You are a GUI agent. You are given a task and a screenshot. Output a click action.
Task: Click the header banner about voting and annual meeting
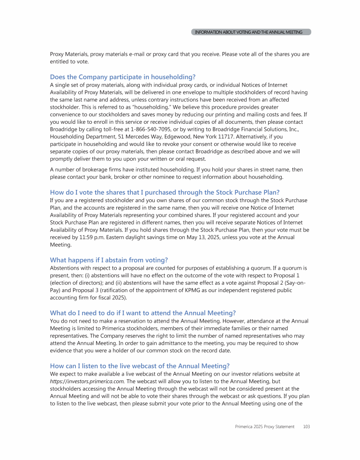(252, 32)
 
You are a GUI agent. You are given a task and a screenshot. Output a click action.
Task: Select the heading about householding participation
(122, 77)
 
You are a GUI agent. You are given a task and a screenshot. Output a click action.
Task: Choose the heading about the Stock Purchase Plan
(165, 192)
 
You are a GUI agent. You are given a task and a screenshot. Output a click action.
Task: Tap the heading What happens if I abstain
(109, 260)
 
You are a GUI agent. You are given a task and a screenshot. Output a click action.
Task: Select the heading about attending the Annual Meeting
(142, 313)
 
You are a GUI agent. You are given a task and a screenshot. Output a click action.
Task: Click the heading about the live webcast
(140, 366)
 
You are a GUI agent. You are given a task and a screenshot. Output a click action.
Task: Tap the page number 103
(307, 427)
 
